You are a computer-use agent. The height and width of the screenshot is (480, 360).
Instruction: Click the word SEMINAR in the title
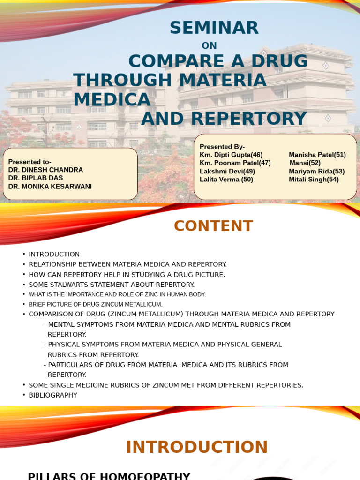click(x=214, y=28)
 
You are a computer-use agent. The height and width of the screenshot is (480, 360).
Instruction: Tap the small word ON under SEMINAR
click(x=209, y=45)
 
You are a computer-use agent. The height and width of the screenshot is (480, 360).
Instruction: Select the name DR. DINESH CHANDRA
click(x=45, y=170)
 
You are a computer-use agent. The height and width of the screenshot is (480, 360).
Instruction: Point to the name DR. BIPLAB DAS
click(x=36, y=178)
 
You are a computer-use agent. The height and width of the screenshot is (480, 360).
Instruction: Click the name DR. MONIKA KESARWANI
click(x=50, y=187)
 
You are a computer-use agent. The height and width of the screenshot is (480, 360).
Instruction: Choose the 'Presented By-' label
click(x=222, y=147)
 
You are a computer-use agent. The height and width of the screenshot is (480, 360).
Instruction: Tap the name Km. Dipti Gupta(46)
click(x=231, y=155)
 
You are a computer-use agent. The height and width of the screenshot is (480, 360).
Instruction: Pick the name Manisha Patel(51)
click(x=317, y=155)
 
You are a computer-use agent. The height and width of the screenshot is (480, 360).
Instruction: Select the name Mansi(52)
click(x=305, y=163)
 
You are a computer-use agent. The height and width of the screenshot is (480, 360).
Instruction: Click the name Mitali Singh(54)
click(x=314, y=179)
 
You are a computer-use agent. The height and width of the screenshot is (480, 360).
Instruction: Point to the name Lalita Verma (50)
click(x=226, y=179)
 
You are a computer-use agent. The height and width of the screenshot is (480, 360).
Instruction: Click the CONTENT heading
click(x=213, y=226)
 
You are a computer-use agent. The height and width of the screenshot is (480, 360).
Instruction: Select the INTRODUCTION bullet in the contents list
click(x=54, y=254)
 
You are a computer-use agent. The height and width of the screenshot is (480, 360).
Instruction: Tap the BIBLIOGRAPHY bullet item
click(x=53, y=395)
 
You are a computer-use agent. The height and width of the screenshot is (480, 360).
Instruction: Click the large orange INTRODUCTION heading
click(x=197, y=447)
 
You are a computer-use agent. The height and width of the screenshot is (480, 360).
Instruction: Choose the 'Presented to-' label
click(x=30, y=162)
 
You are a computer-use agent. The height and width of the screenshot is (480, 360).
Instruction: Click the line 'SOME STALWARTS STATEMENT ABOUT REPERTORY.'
click(x=112, y=285)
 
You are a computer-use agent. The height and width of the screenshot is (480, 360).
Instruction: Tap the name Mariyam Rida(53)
click(x=317, y=171)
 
